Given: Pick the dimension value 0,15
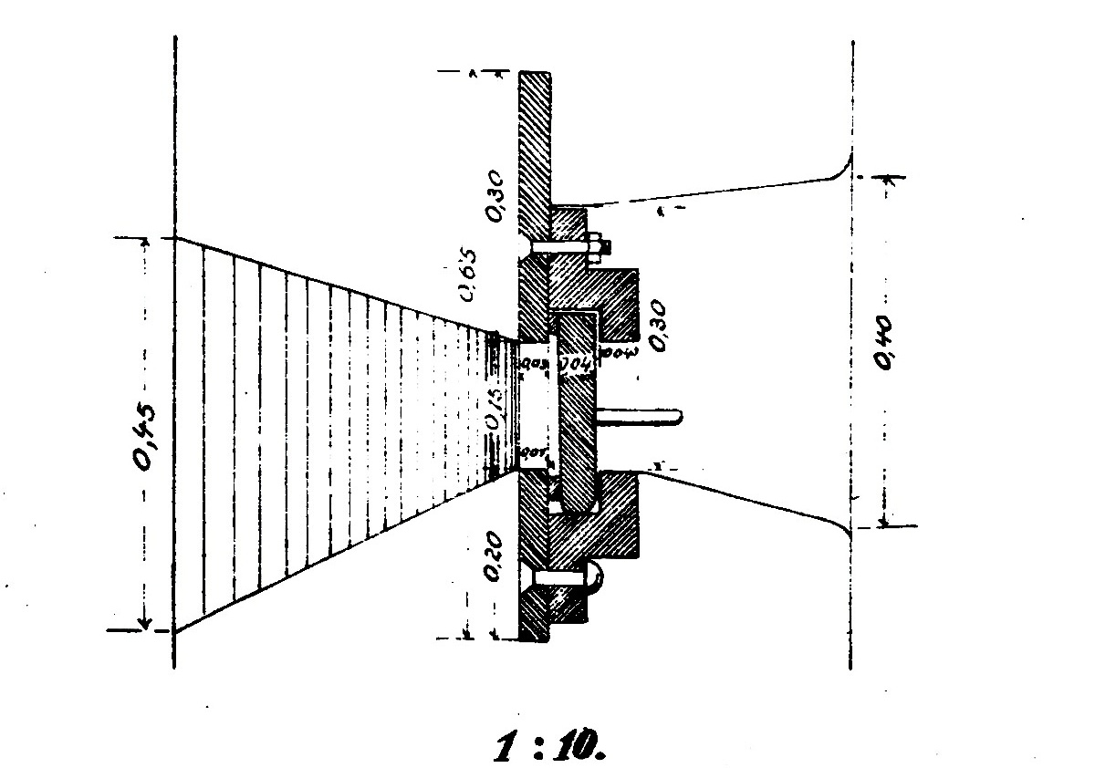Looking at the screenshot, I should [494, 410].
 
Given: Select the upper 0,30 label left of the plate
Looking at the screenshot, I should [494, 199].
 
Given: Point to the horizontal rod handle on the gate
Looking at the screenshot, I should [639, 415].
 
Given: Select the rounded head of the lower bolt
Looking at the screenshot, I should [595, 577].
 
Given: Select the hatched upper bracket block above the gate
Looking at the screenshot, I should [611, 292].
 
